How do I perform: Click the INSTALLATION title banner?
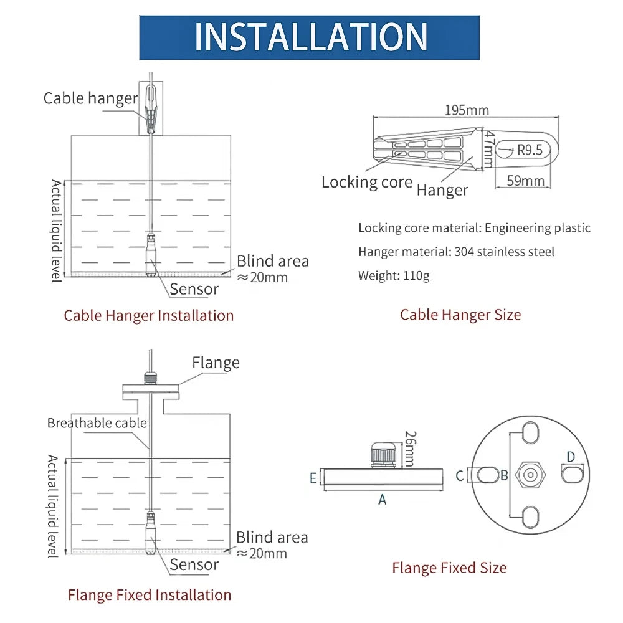pyautogui.click(x=310, y=37)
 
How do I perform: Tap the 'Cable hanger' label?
pyautogui.click(x=90, y=98)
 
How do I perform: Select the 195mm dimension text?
pyautogui.click(x=467, y=110)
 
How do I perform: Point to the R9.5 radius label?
pyautogui.click(x=530, y=150)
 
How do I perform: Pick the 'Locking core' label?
pyautogui.click(x=366, y=182)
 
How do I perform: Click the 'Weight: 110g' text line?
pyautogui.click(x=394, y=275)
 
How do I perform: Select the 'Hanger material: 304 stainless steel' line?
pyautogui.click(x=456, y=252)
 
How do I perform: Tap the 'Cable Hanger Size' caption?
pyautogui.click(x=460, y=315)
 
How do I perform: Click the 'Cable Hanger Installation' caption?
pyautogui.click(x=149, y=315)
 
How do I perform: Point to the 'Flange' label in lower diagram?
pyautogui.click(x=216, y=363)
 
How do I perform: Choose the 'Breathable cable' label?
pyautogui.click(x=97, y=423)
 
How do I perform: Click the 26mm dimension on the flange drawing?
pyautogui.click(x=409, y=449)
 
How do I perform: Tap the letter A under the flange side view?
pyautogui.click(x=383, y=499)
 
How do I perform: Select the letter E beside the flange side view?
pyautogui.click(x=313, y=478)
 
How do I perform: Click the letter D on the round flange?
pyautogui.click(x=571, y=457)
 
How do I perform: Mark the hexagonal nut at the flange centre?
pyautogui.click(x=529, y=475)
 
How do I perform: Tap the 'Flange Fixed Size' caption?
pyautogui.click(x=449, y=568)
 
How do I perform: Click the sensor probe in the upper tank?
pyautogui.click(x=151, y=255)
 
